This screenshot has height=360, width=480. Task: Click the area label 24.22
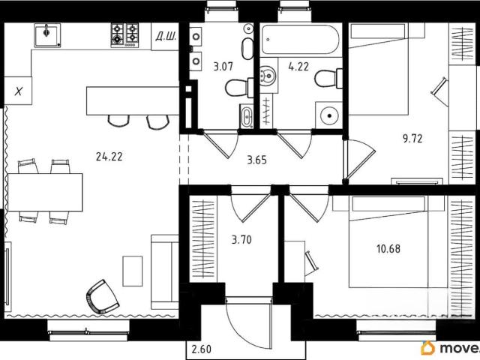click(x=109, y=157)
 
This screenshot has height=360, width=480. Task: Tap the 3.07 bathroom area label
click(x=223, y=67)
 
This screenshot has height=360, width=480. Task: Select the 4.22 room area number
click(x=298, y=67)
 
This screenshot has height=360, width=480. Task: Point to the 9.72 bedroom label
click(x=412, y=139)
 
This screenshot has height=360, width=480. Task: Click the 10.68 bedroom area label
click(x=388, y=248)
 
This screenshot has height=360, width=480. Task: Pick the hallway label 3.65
click(x=256, y=160)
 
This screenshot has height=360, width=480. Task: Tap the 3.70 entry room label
click(x=241, y=240)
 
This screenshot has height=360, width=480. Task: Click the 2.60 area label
click(x=202, y=349)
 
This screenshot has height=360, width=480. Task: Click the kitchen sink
click(x=47, y=35)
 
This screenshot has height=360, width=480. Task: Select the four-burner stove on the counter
click(x=124, y=35)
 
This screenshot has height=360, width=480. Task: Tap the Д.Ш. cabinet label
click(x=166, y=37)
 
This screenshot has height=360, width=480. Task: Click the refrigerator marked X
click(x=18, y=91)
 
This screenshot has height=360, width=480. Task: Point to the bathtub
click(x=301, y=39)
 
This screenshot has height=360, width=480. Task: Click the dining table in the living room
click(x=45, y=192)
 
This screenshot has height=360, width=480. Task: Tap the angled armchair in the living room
click(x=103, y=297)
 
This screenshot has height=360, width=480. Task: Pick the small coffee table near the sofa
click(x=133, y=271)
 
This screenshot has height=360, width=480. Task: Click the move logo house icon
click(x=428, y=348)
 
